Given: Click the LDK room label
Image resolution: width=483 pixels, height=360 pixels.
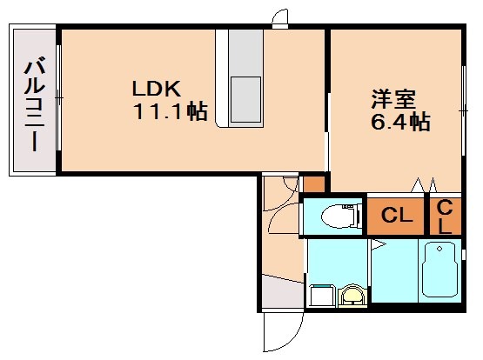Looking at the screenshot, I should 156,89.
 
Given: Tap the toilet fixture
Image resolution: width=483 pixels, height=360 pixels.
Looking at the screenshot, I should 336,216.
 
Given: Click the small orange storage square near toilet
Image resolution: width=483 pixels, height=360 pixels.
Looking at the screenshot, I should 312,183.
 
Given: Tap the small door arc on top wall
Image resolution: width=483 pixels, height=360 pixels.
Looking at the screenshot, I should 280,19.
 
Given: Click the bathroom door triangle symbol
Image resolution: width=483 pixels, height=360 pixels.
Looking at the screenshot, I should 375,247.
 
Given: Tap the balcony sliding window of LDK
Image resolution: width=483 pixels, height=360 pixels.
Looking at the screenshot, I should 59,101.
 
